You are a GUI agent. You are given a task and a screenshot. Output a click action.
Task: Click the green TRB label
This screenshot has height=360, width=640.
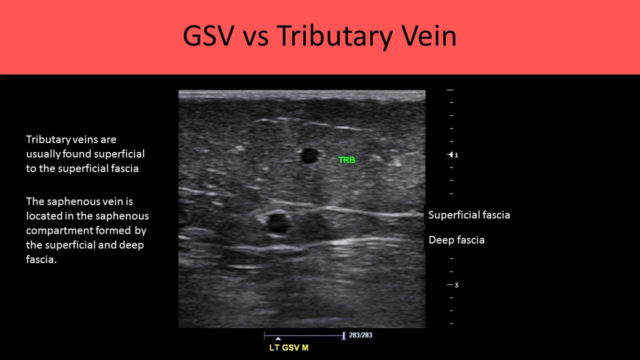pos(346,160)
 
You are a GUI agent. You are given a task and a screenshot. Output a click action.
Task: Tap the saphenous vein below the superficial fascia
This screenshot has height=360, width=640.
pos(277,222)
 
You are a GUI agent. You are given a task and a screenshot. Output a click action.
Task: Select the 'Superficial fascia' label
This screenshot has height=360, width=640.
pos(469,215)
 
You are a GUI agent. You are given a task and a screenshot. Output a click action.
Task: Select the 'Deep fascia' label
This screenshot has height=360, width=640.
pos(456,240)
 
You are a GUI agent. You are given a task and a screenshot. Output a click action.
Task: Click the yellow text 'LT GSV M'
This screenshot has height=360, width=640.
pos(288,347)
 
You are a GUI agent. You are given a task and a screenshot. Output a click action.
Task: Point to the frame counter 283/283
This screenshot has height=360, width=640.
pos(360,335)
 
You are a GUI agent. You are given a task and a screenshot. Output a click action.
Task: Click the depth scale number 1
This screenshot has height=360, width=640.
pos(456,155)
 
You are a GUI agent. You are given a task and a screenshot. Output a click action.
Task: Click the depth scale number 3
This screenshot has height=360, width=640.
pos(456,285)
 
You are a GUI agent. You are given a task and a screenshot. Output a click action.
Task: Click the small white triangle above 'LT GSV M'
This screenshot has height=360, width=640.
pos(278,338)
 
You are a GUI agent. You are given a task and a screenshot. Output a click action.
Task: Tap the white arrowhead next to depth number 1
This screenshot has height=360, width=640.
pos(450,155)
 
